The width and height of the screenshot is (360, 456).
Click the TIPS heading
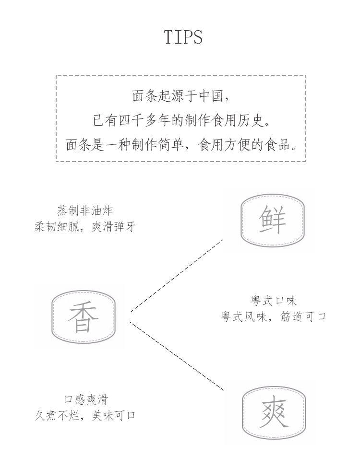[x=183, y=37]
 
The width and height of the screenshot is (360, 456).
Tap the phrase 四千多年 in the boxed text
[x=144, y=120]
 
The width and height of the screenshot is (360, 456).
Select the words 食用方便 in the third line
[x=224, y=144]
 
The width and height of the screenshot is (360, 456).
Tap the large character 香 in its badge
[x=83, y=317]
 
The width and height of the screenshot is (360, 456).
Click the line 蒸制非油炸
[x=85, y=210]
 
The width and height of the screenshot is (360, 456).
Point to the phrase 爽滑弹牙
[x=113, y=226]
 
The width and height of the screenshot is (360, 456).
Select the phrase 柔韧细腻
[x=57, y=226]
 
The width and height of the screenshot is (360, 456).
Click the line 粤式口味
[x=273, y=301]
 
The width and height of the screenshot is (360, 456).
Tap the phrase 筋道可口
[x=303, y=316]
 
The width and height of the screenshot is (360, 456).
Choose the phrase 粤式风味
[x=243, y=316]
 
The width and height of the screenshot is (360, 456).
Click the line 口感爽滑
[x=86, y=399]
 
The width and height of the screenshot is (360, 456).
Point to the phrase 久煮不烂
[x=57, y=415]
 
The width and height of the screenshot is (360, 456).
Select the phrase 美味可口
[x=113, y=415]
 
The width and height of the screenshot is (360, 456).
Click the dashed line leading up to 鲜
[x=177, y=276]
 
